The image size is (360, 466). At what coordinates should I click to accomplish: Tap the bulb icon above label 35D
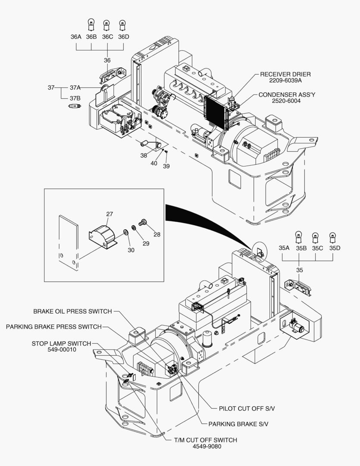tap(332, 236)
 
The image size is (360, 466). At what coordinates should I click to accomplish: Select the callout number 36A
tap(76, 37)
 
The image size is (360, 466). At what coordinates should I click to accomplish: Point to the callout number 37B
tap(75, 98)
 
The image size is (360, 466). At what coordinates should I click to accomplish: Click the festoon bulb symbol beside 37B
tap(75, 106)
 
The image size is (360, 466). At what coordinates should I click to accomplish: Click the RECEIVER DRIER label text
tap(285, 74)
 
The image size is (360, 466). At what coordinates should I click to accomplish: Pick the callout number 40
tap(154, 163)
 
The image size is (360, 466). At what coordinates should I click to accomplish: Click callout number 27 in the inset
tap(110, 214)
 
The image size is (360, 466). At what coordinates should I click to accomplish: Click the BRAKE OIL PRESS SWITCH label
tap(72, 312)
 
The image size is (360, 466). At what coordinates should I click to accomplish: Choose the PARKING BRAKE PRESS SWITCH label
tap(53, 327)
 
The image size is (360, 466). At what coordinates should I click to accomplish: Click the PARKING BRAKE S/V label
tap(238, 424)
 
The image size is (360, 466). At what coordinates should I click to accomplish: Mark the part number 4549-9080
tap(207, 446)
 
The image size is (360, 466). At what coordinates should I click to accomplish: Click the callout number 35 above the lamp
tap(300, 270)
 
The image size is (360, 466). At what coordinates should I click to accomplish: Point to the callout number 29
tap(146, 244)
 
